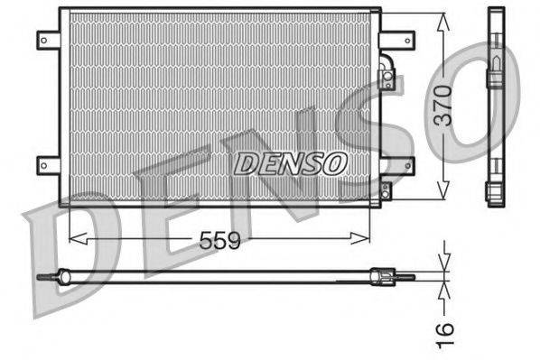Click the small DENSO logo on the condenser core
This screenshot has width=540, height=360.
click(291, 162)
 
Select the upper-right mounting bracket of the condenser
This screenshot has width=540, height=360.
click(397, 40)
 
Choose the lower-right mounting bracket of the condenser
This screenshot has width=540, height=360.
click(397, 164)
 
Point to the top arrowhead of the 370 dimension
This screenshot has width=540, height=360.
click(442, 20)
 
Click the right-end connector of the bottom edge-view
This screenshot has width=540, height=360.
click(388, 277)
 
